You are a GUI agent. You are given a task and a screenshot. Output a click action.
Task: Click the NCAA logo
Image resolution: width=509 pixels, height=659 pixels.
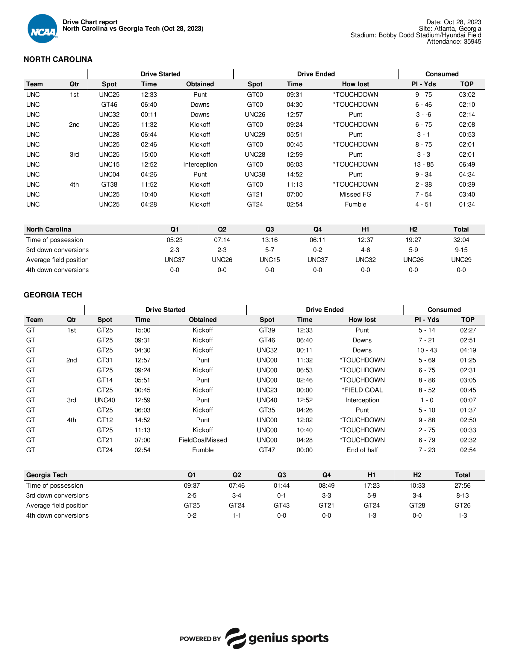tap(42, 29)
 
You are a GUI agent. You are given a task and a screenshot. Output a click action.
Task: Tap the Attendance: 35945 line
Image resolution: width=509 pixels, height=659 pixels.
tap(454, 42)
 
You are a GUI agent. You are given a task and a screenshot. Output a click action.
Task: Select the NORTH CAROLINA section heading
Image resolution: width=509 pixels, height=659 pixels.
tap(58, 59)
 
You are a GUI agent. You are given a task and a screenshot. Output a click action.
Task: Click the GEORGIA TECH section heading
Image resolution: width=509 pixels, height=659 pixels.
tap(53, 295)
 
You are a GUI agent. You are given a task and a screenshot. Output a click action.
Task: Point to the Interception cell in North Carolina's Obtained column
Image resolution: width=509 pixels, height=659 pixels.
tap(200, 164)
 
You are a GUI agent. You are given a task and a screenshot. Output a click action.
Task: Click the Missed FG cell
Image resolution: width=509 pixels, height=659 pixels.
tap(355, 194)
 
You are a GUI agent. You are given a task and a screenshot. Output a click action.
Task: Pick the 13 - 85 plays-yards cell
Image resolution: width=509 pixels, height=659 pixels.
tap(423, 164)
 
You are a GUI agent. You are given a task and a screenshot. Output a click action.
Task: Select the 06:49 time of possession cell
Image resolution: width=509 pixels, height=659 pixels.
tap(467, 164)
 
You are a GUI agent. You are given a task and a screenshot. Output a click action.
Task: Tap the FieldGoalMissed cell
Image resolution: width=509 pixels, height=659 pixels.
tap(203, 440)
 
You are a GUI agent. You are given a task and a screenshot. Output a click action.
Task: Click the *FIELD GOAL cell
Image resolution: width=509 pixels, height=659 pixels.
tap(362, 390)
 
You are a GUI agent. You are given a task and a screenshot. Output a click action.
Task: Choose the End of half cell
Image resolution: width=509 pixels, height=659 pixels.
tap(362, 450)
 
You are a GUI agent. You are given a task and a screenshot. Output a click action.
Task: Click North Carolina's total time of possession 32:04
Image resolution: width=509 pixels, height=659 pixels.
tap(461, 240)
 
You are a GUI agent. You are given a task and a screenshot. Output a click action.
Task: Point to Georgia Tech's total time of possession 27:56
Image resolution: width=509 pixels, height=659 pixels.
tap(462, 486)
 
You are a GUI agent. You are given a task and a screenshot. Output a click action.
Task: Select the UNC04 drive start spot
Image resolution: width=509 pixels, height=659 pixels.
tap(109, 174)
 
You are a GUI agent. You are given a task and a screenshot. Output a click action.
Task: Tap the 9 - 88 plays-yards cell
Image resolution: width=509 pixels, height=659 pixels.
tap(427, 420)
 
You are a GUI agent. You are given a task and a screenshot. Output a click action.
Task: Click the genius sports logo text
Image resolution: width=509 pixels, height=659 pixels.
tap(288, 638)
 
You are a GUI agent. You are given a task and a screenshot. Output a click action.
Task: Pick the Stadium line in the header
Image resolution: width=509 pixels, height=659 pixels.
tap(416, 35)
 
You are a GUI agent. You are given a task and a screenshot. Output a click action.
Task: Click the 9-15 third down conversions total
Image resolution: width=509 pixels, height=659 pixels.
tap(461, 250)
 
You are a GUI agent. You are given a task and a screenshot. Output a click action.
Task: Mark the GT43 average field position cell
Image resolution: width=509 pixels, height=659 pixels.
tap(281, 505)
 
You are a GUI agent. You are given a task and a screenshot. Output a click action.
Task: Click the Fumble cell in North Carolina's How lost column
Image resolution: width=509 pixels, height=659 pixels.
tap(355, 204)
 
